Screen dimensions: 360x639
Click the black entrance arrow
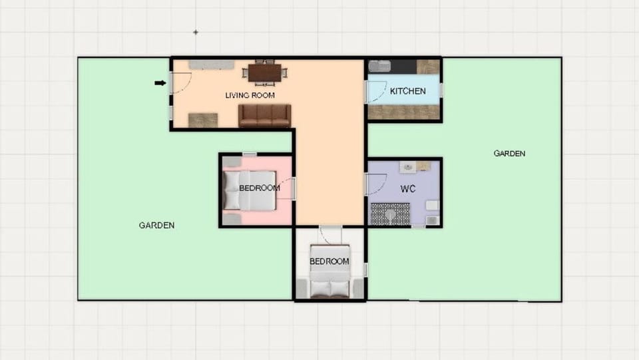click(160, 83)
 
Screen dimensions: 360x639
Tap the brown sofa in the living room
click(265, 115)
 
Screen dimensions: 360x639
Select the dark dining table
click(265, 72)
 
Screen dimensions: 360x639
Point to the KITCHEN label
click(407, 91)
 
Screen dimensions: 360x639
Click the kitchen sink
click(380, 67)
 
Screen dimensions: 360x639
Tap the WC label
click(408, 189)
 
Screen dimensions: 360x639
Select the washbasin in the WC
click(408, 166)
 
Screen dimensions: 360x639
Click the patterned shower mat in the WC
click(390, 214)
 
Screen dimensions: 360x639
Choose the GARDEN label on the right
click(509, 153)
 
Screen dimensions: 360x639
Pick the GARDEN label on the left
click(156, 225)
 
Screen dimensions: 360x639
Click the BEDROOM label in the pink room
click(259, 188)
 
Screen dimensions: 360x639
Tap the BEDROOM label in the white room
click(329, 262)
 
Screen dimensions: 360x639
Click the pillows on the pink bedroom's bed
click(232, 190)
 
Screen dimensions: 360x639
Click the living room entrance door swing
click(181, 82)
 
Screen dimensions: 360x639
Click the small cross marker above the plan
click(196, 32)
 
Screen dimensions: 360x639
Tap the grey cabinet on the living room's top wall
click(211, 65)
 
